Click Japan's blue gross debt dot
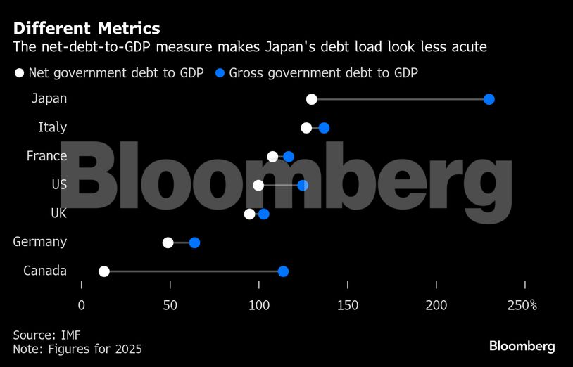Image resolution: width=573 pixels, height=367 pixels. [x=489, y=99]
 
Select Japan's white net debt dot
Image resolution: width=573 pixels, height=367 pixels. [x=312, y=99]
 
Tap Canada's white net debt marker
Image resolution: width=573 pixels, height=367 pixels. [x=104, y=271]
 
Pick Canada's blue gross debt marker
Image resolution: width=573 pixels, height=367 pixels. [x=283, y=271]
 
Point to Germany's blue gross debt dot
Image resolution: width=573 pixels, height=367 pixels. [x=194, y=243]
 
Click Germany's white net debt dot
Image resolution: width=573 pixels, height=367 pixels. [x=168, y=243]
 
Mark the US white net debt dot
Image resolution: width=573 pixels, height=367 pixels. [x=258, y=185]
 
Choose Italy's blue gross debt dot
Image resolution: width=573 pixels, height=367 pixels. [x=324, y=128]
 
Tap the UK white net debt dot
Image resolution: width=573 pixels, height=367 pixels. [x=249, y=214]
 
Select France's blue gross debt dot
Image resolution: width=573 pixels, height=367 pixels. [x=288, y=156]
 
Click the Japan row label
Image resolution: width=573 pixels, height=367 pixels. [x=49, y=98]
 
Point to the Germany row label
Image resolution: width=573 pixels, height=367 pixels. [x=40, y=242]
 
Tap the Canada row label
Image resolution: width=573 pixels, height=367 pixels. [x=45, y=271]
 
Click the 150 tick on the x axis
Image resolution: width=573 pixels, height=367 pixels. [x=348, y=305]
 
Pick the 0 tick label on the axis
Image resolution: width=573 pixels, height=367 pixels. [x=82, y=305]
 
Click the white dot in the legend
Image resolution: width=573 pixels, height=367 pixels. [x=20, y=73]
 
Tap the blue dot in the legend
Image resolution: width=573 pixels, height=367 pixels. [x=221, y=73]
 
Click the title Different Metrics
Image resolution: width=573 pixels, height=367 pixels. [x=87, y=29]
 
